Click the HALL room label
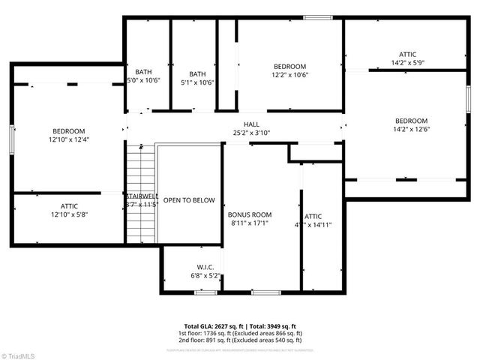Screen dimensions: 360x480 pos(251,124)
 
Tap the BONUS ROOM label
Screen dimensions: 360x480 pos(250,214)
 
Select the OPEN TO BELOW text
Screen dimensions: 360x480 pos(189,200)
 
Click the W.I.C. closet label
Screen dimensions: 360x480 pos(205,267)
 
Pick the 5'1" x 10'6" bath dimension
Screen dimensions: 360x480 pos(197,82)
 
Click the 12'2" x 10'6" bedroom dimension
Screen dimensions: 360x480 pos(289,75)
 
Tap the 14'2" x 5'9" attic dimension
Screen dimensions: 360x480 pos(407,63)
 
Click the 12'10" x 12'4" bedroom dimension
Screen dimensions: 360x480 pos(68,139)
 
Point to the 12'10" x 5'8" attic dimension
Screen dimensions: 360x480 pos(68,214)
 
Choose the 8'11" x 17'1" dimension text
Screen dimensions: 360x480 pos(250,223)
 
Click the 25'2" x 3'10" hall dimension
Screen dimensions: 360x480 pos(251,133)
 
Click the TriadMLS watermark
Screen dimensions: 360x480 pos(21,355)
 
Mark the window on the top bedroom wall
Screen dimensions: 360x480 pos(318,17)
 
